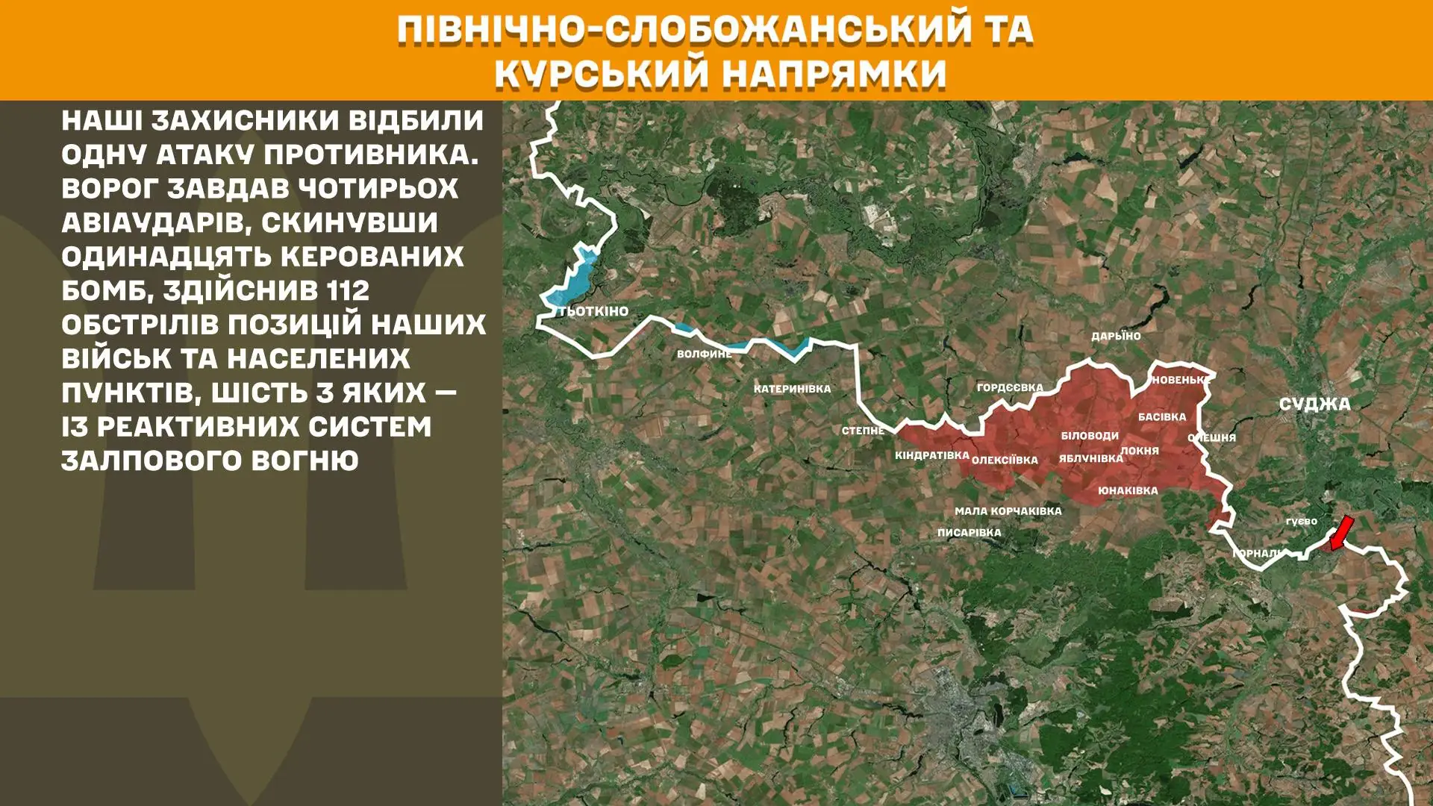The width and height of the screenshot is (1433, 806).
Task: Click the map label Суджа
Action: [x=1314, y=404]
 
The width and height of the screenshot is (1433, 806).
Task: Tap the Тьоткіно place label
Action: [x=593, y=311]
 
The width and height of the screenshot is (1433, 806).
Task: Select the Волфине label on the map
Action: [x=704, y=354]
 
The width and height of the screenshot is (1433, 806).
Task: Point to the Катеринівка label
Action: [x=792, y=389]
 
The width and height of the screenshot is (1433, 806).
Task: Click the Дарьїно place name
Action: [x=1116, y=336]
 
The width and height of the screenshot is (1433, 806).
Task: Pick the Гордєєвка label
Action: [x=1010, y=387]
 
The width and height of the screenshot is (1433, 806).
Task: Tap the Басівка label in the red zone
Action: [x=1161, y=417]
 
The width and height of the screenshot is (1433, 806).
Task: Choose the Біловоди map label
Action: [x=1090, y=436]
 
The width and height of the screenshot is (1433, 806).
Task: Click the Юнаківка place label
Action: [x=1128, y=491]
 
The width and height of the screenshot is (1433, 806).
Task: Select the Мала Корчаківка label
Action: [x=1008, y=511]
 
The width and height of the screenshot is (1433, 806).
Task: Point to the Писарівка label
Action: [x=969, y=533]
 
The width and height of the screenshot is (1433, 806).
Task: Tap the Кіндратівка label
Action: [x=931, y=455]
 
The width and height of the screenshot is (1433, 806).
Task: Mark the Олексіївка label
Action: [x=1005, y=460]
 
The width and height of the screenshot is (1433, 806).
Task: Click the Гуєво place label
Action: [x=1301, y=522]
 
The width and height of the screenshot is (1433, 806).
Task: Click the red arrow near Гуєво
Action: [x=1341, y=533]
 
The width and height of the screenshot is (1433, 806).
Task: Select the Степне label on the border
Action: [x=863, y=431]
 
